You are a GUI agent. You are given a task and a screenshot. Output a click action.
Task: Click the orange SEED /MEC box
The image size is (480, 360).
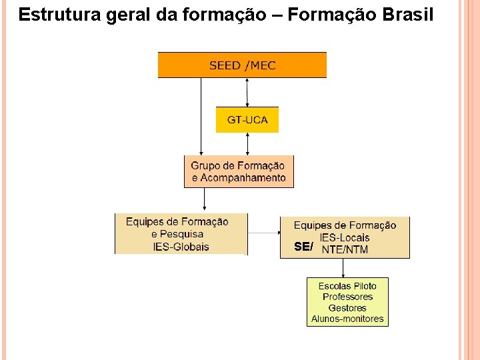tap(242, 65)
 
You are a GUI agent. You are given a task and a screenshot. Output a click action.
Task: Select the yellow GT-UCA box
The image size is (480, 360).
tap(247, 120)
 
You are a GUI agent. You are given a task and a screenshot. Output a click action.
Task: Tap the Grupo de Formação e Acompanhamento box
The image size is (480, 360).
tap(239, 171)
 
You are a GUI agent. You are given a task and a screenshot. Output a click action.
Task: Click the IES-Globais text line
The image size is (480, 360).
tap(181, 247)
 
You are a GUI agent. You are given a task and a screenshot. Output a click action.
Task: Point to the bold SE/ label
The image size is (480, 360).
tap(303, 247)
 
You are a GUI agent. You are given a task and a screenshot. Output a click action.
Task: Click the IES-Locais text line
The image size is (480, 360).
tap(345, 237)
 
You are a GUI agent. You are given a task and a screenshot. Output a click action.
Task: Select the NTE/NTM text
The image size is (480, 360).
tap(345, 250)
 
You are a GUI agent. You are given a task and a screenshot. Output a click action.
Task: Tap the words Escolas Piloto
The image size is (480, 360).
tap(347, 286)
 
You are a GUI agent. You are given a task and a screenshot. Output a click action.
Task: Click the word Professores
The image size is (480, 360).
tap(347, 297)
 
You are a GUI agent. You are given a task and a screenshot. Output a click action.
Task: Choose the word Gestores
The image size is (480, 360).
tap(347, 308)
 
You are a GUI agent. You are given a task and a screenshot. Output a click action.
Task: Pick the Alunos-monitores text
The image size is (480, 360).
tap(347, 319)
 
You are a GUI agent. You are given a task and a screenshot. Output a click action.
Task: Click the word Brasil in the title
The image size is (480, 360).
tap(407, 15)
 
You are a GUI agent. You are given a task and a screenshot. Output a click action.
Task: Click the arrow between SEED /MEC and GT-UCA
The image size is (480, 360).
tap(247, 92)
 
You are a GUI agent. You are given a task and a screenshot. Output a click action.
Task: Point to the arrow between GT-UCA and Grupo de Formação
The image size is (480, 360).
tap(247, 143)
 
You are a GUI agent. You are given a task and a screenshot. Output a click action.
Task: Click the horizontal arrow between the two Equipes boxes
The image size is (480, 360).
tap(263, 233)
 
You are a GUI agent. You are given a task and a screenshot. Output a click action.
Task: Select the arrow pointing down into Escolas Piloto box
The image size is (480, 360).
tap(343, 267)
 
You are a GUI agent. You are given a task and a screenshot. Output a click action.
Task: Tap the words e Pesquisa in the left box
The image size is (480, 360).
tap(177, 235)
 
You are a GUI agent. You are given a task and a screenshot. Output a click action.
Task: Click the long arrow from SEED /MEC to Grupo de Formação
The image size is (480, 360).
tap(201, 117)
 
